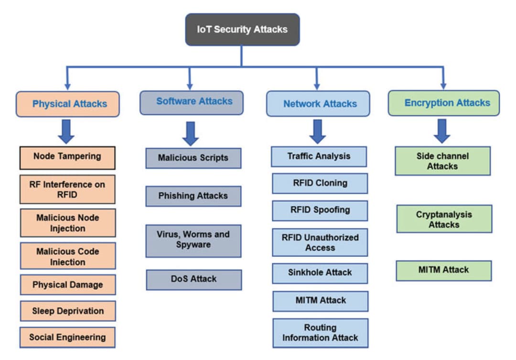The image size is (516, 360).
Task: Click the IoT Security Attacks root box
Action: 242,30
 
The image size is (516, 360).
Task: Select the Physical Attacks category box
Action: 67,104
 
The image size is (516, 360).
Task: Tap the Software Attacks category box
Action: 192,102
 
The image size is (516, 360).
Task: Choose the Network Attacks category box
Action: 318,104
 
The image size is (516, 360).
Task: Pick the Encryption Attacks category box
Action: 443,103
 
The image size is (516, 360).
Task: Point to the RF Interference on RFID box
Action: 67,189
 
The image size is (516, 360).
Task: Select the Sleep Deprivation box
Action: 67,311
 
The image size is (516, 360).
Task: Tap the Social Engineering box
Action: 67,337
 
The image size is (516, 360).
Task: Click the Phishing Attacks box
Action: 193,196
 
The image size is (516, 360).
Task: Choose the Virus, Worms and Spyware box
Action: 193,240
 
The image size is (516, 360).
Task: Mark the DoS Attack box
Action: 193,279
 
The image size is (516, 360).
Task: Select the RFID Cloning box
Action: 320,183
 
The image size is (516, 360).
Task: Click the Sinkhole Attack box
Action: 320,273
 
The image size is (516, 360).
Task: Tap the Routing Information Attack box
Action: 320,333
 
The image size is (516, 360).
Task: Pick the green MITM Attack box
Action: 443,270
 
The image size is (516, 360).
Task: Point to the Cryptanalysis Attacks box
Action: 444,219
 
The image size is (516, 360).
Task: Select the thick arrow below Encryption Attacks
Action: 442,131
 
